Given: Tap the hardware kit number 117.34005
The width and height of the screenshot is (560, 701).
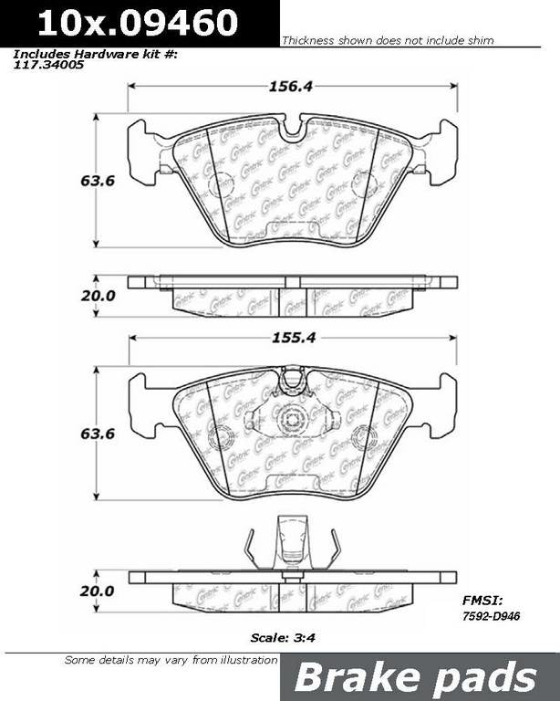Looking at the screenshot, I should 47,65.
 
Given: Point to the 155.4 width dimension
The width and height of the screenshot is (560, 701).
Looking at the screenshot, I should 294,337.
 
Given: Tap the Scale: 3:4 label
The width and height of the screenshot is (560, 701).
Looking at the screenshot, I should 280,639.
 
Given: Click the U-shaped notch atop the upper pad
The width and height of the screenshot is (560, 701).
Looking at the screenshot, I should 293,129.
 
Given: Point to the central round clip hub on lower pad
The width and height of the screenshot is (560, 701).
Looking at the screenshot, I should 293,420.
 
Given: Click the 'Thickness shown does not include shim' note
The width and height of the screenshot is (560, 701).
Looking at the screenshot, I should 388,41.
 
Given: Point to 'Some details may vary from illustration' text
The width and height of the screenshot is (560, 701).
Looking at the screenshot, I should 171,660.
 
